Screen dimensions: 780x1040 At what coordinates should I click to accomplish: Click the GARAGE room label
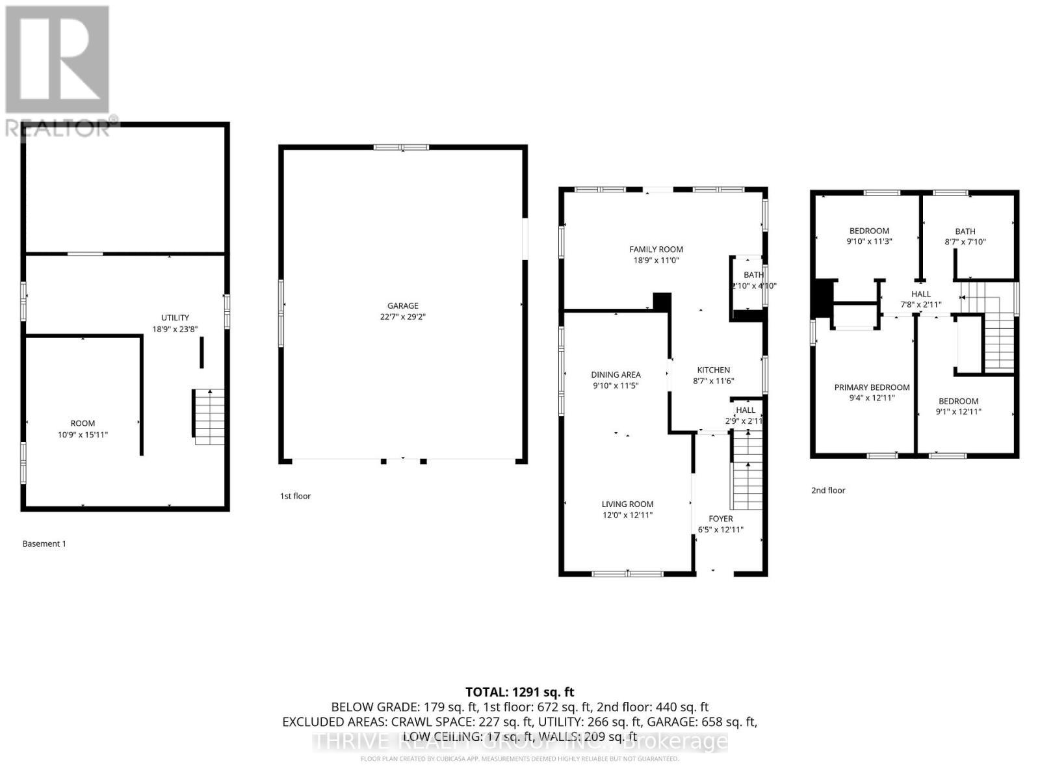(402, 305)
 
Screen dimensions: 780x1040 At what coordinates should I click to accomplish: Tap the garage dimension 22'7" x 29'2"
(402, 317)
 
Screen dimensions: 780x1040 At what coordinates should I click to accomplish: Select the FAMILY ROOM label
(656, 249)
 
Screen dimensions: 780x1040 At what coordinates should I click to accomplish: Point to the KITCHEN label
(714, 370)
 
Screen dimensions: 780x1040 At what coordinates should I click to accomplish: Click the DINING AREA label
(616, 374)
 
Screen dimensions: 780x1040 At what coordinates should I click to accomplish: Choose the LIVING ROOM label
(627, 504)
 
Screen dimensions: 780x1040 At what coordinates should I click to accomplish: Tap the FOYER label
(720, 519)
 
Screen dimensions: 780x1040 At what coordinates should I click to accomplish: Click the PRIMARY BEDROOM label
(872, 387)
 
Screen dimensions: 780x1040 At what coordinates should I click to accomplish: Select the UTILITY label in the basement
(175, 318)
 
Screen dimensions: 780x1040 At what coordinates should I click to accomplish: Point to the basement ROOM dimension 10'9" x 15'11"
(83, 434)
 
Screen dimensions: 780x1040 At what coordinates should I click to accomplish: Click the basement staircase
(209, 416)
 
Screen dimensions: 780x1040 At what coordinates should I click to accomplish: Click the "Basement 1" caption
(44, 543)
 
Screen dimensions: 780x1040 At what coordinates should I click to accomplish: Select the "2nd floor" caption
(828, 490)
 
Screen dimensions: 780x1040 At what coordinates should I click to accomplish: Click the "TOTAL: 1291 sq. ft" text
(519, 692)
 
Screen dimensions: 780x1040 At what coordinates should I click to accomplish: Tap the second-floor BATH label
(965, 231)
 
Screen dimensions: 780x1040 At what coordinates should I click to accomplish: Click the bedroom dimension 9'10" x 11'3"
(869, 241)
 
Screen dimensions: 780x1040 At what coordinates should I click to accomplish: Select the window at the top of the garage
(401, 147)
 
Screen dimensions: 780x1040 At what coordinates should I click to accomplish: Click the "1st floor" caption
(295, 496)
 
